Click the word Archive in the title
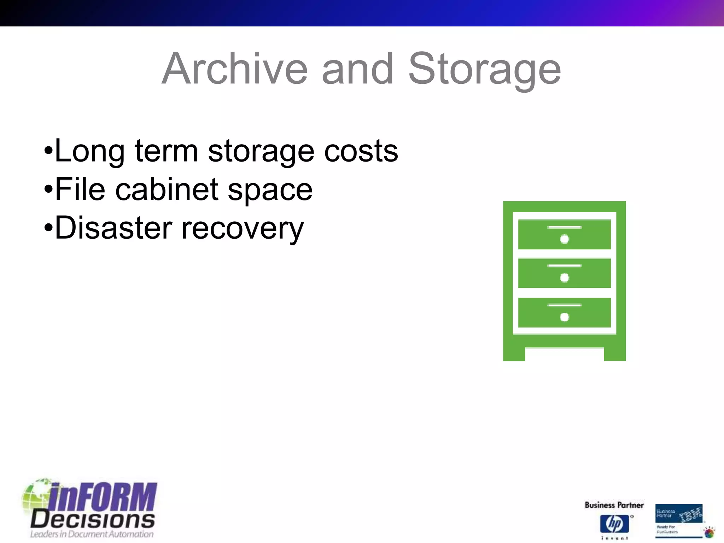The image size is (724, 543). pos(235,69)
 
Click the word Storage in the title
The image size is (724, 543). pos(484,69)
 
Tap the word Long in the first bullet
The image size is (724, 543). pos(90,151)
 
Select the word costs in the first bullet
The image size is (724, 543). pos(361,151)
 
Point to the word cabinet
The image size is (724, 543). pos(167,189)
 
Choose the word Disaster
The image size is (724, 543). pos(113,228)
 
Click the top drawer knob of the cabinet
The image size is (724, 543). pos(565,239)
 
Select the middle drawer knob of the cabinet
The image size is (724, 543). pos(565,278)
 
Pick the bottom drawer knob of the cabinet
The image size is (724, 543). pos(565,317)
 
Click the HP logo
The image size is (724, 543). pos(614,524)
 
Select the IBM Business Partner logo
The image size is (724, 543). pos(679,520)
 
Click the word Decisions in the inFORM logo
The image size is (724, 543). pos(93,520)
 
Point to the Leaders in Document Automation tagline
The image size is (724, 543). pos(92,534)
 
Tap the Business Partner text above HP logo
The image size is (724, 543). pos(614,505)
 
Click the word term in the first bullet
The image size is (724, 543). pos(166,151)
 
